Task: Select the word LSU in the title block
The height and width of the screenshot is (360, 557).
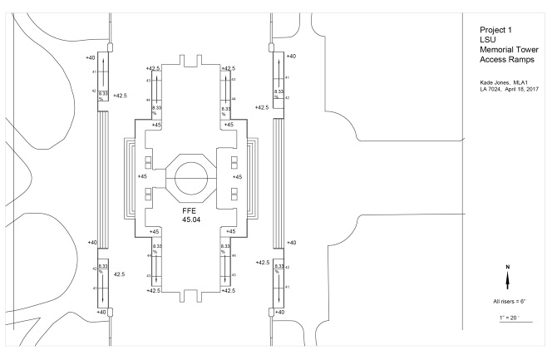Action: (478, 41)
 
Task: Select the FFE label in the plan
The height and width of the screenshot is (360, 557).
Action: (190, 211)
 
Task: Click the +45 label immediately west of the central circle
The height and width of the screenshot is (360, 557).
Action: (142, 176)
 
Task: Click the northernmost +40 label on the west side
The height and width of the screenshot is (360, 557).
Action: (91, 57)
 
